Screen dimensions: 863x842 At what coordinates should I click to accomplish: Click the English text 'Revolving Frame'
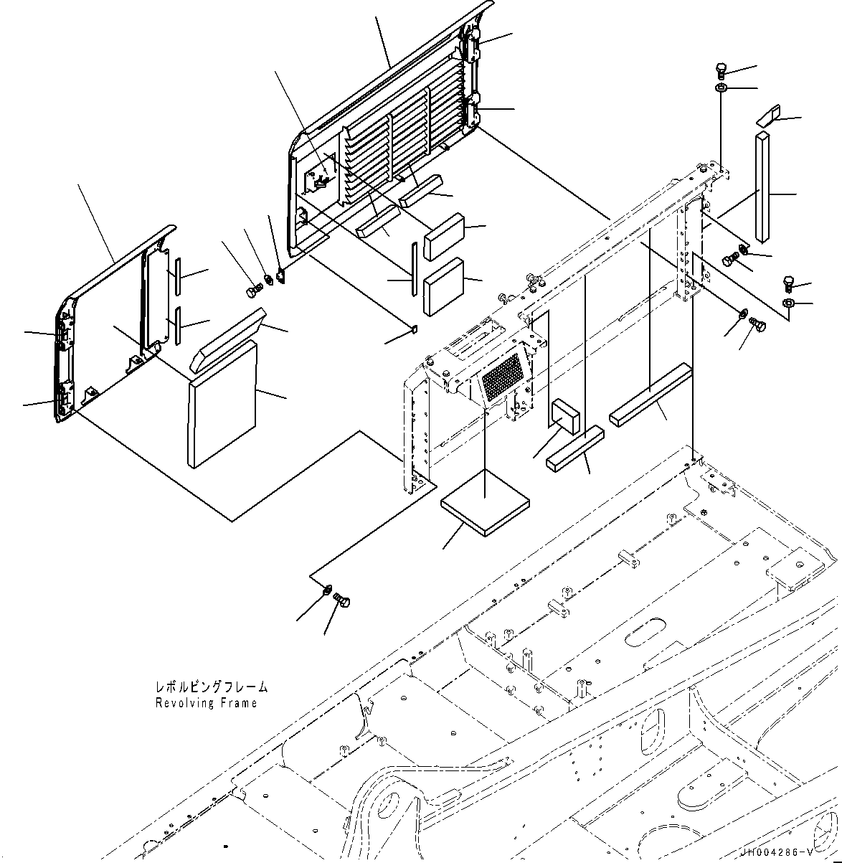[206, 703]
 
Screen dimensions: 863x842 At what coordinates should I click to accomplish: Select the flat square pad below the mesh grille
[485, 503]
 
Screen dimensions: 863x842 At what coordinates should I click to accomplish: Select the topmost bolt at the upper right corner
[722, 70]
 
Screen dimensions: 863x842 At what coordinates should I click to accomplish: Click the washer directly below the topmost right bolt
[722, 88]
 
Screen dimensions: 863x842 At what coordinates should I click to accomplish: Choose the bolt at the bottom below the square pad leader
[343, 601]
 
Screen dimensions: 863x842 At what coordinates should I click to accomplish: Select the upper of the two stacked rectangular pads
[444, 235]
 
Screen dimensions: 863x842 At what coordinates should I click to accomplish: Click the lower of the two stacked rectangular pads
[444, 286]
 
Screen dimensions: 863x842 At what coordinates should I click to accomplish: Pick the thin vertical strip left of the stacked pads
[413, 269]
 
